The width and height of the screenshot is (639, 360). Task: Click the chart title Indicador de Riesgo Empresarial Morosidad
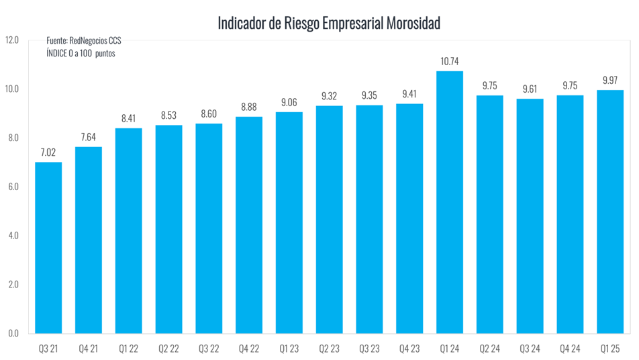(329, 24)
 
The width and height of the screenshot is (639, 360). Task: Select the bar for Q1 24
(450, 201)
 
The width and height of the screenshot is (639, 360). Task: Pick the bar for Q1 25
(610, 212)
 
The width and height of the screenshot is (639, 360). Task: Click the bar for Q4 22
(249, 225)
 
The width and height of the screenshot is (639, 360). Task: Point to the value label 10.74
(450, 61)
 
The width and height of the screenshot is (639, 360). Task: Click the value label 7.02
(48, 152)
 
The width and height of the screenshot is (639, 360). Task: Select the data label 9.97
(610, 80)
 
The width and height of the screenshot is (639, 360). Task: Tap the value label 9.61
(530, 89)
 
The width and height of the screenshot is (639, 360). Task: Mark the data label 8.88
(249, 107)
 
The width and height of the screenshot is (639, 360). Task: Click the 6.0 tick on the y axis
(13, 187)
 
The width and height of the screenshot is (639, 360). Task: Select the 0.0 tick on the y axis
(13, 333)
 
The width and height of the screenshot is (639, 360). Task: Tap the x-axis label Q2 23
(329, 349)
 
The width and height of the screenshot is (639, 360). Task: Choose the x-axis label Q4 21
(88, 349)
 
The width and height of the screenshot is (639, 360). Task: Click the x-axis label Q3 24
(530, 349)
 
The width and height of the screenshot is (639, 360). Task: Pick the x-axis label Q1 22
(128, 349)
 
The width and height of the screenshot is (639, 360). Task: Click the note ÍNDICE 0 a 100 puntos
(81, 53)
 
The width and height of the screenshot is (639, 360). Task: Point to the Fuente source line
(83, 42)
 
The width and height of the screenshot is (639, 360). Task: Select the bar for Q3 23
(369, 219)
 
